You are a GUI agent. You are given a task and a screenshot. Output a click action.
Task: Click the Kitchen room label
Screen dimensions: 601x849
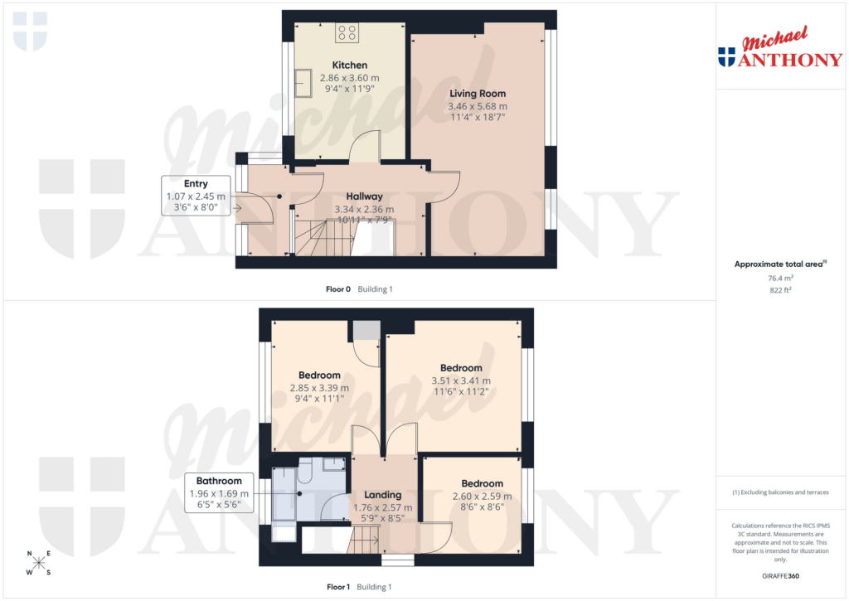[x=349, y=65]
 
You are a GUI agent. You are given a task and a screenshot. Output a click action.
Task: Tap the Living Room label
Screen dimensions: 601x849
[x=477, y=94]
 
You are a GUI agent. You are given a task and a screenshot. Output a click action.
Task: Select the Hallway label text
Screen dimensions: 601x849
[x=364, y=196]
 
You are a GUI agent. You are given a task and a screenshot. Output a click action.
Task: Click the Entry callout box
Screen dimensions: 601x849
[x=196, y=196]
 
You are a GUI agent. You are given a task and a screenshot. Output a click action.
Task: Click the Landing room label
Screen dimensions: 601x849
[x=383, y=495]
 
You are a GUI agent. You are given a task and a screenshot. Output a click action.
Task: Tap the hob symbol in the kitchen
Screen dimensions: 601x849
[x=347, y=33]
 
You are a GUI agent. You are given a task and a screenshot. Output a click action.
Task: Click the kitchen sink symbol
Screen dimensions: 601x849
[x=304, y=84]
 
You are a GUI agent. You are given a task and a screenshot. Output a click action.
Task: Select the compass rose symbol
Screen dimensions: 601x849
[x=39, y=562]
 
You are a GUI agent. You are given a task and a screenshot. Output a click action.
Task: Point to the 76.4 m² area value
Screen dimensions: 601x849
[x=779, y=279]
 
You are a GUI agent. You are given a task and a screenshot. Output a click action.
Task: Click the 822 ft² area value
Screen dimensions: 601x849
[x=779, y=291]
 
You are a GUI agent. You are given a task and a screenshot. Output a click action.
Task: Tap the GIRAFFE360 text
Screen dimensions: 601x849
[x=779, y=575]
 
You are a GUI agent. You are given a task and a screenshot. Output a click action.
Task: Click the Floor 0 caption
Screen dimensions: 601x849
[x=337, y=289]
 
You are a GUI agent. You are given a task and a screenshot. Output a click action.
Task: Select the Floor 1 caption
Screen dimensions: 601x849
[x=337, y=587]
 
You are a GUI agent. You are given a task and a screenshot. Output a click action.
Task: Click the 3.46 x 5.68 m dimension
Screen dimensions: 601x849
[x=477, y=106]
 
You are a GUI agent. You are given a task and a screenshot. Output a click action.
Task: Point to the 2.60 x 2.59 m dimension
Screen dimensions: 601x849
[x=482, y=497]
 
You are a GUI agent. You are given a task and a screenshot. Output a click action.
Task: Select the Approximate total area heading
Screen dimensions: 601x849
[x=779, y=264]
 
